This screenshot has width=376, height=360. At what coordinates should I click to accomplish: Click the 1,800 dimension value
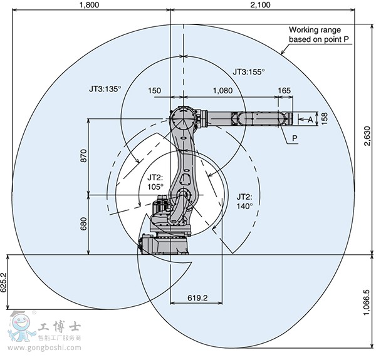pyautogui.click(x=89, y=5)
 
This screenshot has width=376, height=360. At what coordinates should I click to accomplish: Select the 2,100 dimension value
pyautogui.click(x=260, y=5)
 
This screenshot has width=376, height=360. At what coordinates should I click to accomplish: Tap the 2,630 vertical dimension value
pyautogui.click(x=367, y=136)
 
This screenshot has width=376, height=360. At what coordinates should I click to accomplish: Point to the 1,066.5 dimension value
pyautogui.click(x=367, y=302)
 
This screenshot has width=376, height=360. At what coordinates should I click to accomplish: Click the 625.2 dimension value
pyautogui.click(x=3, y=282)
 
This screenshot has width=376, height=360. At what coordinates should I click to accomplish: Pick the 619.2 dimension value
pyautogui.click(x=197, y=298)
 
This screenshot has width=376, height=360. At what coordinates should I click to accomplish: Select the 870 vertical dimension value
pyautogui.click(x=83, y=156)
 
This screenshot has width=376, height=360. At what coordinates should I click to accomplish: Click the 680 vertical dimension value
pyautogui.click(x=83, y=224)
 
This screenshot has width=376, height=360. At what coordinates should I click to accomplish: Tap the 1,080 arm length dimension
pyautogui.click(x=222, y=91)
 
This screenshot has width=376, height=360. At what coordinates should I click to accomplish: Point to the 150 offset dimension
pyautogui.click(x=154, y=91)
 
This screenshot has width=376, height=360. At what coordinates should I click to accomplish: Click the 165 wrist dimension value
pyautogui.click(x=284, y=91)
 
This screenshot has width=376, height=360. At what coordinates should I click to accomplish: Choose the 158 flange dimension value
pyautogui.click(x=324, y=118)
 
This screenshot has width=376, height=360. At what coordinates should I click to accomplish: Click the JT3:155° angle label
pyautogui.click(x=249, y=71)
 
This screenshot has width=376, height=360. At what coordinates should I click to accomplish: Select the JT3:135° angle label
pyautogui.click(x=105, y=89)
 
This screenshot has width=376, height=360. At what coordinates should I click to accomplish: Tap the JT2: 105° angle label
pyautogui.click(x=155, y=182)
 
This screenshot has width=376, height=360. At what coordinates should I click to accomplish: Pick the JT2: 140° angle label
pyautogui.click(x=244, y=202)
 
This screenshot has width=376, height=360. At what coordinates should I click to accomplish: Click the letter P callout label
pyautogui.click(x=295, y=138)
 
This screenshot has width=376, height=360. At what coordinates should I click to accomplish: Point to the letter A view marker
pyautogui.click(x=310, y=120)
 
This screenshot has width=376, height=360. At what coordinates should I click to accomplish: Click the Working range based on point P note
pyautogui.click(x=319, y=34)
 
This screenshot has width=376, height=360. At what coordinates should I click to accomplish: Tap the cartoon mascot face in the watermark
pyautogui.click(x=21, y=323)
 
